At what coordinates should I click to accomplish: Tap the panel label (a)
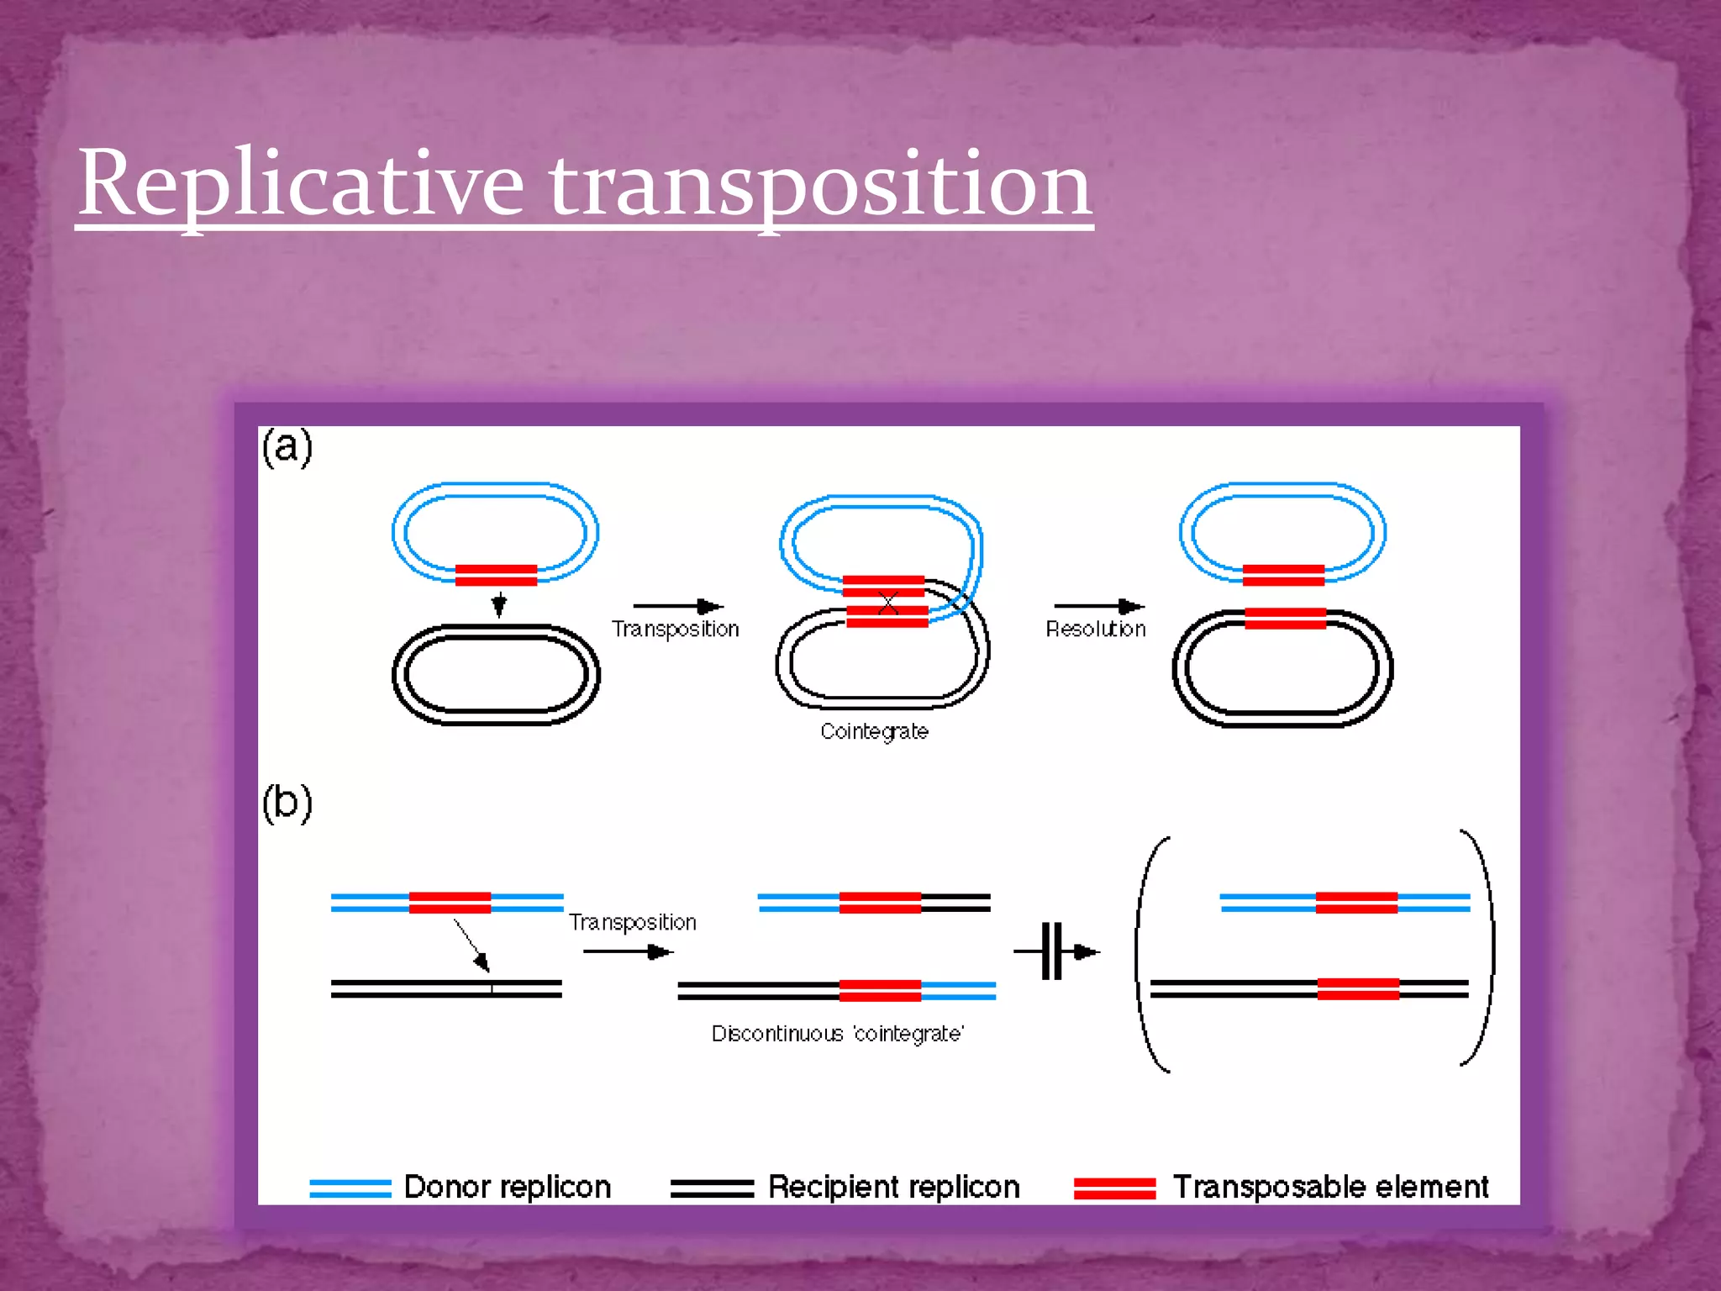coord(287,447)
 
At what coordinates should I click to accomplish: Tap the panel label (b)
coord(287,803)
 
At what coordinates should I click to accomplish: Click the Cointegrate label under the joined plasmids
coord(874,731)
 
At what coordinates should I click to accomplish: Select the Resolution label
coord(1095,629)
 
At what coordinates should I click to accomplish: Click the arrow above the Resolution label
coord(1098,606)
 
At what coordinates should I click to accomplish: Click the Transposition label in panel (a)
coord(675,629)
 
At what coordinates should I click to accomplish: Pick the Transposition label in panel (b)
coord(632,922)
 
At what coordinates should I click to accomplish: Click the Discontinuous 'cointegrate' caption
coord(837,1033)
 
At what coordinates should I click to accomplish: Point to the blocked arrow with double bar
coord(1056,951)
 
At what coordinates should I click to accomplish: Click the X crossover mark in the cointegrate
coord(888,602)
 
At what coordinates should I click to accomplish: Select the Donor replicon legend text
coord(507,1187)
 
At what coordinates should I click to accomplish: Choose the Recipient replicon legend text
coord(893,1187)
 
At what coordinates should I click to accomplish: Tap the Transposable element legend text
coord(1329,1187)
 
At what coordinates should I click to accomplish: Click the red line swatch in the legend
coord(1114,1188)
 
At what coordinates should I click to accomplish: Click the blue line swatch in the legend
coord(350,1188)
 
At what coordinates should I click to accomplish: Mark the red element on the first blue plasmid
coord(496,575)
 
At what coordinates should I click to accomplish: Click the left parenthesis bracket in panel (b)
coord(1147,954)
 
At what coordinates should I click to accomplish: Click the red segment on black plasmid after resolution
coord(1285,619)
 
